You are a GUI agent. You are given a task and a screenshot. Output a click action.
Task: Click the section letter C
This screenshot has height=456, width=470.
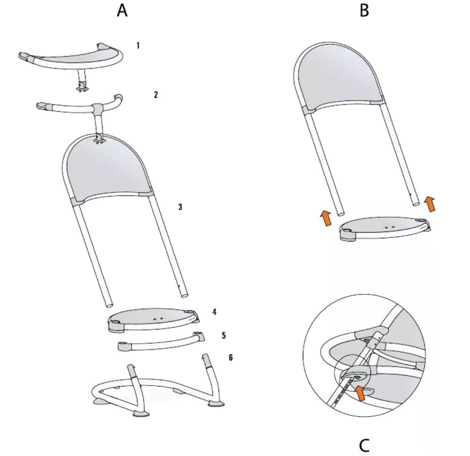point(364,445)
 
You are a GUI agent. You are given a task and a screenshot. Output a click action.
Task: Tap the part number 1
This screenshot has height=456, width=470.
point(138,46)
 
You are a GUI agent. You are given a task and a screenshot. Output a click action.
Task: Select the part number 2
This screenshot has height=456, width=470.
point(156,95)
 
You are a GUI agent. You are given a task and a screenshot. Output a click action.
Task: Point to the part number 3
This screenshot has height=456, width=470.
point(180,207)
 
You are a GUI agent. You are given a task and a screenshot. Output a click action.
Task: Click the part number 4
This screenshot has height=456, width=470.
point(214,312)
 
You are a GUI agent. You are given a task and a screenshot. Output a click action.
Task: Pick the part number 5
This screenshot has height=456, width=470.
point(224,335)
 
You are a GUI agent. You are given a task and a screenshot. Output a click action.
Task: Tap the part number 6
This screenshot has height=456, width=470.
point(230,358)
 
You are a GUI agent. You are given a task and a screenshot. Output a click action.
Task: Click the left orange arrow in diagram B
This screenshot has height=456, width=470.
point(326,218)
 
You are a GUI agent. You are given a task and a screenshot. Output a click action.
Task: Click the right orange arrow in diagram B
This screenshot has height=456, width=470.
point(431,204)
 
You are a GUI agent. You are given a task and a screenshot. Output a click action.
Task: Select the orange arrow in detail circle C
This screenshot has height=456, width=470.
point(361,393)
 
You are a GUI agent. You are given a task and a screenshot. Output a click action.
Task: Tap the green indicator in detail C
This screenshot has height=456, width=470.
point(357,377)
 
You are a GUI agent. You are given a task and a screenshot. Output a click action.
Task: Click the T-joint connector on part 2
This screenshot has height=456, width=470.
point(97,108)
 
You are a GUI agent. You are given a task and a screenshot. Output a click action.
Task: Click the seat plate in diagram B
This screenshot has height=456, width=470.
point(384,227)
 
